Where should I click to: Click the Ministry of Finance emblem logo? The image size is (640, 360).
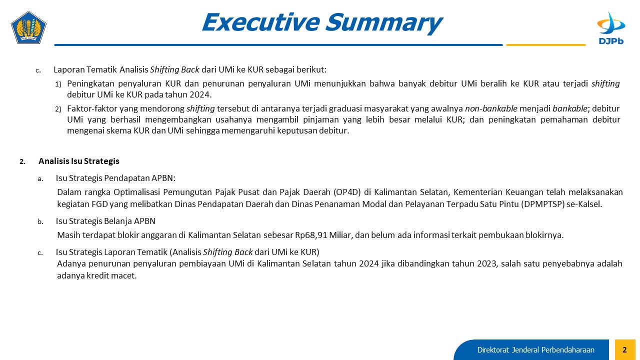click(28, 27)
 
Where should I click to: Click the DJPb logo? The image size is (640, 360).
click(611, 28)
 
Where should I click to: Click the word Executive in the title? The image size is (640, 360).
click(261, 22)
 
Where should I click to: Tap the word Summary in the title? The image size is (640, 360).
click(384, 23)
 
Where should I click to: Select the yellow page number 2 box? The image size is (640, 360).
click(625, 349)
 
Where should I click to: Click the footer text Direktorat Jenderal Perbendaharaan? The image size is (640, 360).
click(535, 349)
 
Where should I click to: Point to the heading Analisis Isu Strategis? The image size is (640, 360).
click(79, 161)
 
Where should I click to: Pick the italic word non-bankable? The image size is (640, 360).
click(491, 108)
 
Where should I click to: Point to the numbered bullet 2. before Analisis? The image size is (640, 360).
click(22, 161)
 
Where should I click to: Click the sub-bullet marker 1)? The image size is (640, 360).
click(58, 84)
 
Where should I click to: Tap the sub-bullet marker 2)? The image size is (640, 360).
click(58, 109)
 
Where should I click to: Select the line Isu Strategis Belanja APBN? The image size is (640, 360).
click(105, 221)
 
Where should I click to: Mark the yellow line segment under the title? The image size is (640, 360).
click(545, 45)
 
